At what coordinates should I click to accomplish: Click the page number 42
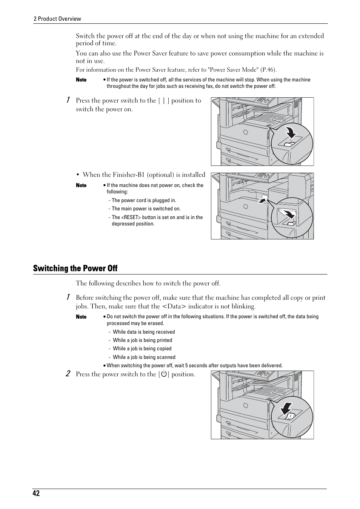tap(36, 494)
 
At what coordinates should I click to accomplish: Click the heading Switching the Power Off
tap(75, 268)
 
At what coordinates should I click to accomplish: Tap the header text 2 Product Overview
tap(57, 19)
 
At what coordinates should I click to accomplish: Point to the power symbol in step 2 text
tap(164, 374)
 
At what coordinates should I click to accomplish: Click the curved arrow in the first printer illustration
tap(290, 133)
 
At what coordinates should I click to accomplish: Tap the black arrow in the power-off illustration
tap(286, 408)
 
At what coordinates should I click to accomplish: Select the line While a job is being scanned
tap(144, 357)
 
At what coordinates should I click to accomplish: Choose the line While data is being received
tap(144, 332)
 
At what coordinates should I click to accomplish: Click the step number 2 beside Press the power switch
tap(68, 374)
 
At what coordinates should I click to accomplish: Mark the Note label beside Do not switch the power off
tap(81, 317)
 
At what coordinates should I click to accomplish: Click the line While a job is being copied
tap(142, 349)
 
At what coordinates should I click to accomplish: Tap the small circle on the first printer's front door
tap(245, 132)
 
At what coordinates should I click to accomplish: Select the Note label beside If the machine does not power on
tap(81, 186)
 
